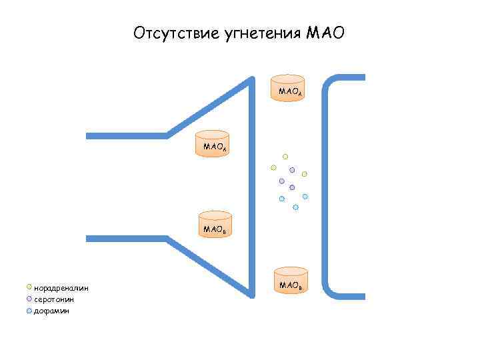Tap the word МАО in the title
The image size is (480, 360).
pyautogui.click(x=325, y=33)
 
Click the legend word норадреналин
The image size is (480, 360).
pyautogui.click(x=61, y=288)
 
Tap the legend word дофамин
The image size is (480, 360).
pyautogui.click(x=51, y=311)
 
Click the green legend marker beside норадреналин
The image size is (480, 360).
pyautogui.click(x=29, y=287)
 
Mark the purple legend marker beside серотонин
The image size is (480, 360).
pyautogui.click(x=29, y=299)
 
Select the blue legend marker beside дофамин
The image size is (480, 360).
pyautogui.click(x=29, y=310)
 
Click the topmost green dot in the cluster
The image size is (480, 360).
pyautogui.click(x=285, y=156)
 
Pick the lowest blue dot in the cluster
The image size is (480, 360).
pyautogui.click(x=295, y=207)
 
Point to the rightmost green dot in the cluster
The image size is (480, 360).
pyautogui.click(x=305, y=174)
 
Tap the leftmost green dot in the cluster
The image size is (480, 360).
pyautogui.click(x=273, y=167)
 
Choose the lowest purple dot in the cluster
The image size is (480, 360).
pyautogui.click(x=292, y=188)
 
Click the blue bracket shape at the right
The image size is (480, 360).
pyautogui.click(x=327, y=180)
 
